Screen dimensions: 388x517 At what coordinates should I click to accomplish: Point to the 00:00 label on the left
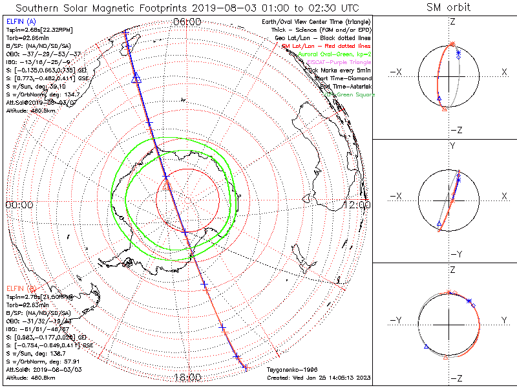tap(19, 204)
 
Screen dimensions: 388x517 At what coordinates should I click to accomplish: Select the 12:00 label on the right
tap(358, 204)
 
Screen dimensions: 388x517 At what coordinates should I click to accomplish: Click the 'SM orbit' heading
tap(448, 8)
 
